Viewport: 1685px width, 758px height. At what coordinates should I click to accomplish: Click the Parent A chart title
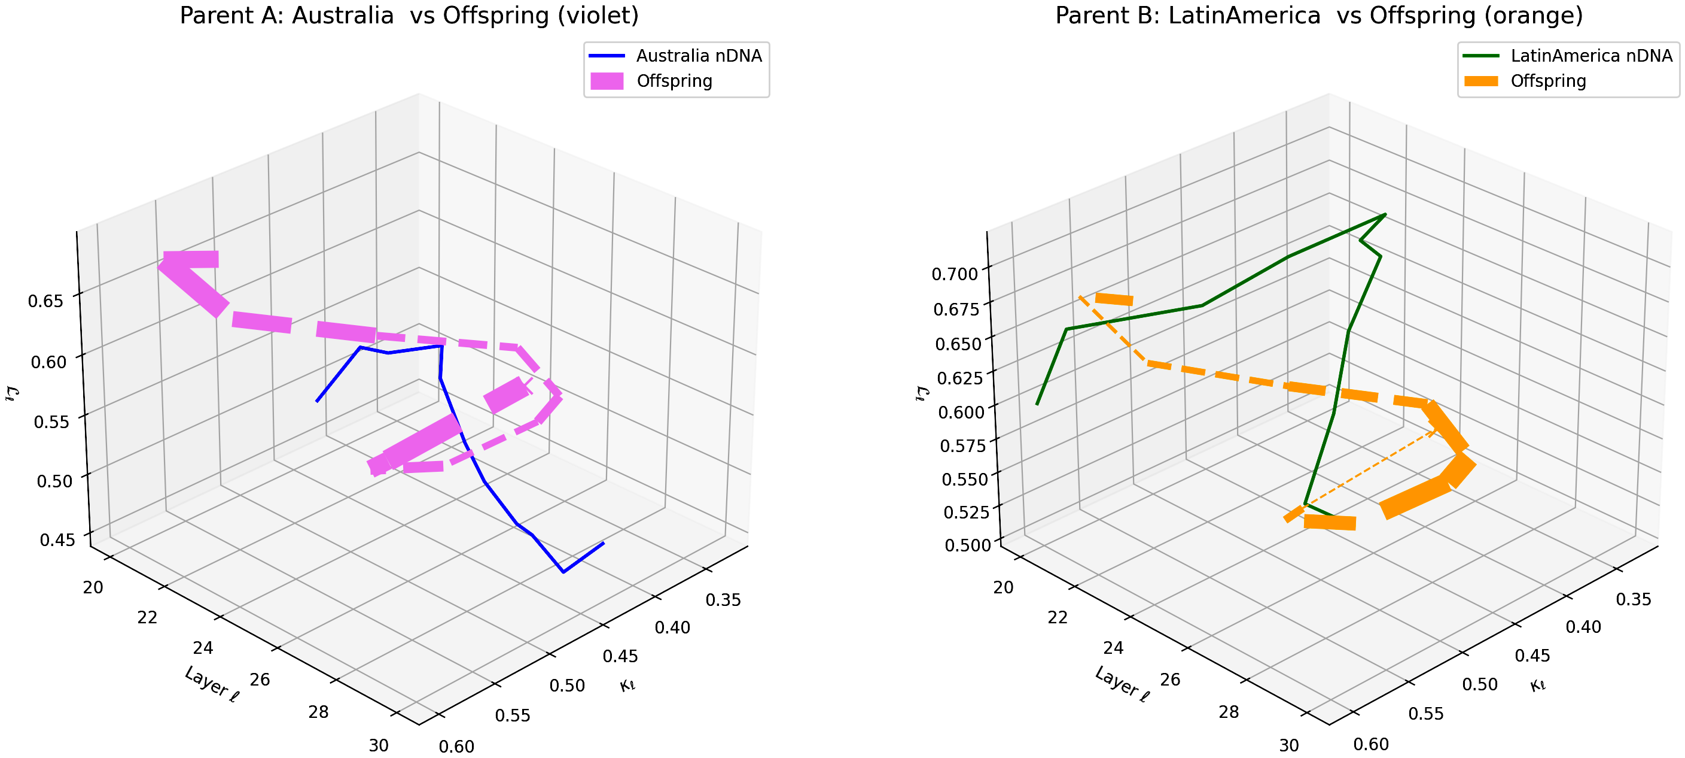point(409,16)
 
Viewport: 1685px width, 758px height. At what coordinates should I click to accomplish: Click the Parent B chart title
point(1319,16)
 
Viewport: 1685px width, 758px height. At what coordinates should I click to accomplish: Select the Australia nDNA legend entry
point(699,56)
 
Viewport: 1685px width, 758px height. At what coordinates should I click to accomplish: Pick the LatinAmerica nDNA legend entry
point(1591,56)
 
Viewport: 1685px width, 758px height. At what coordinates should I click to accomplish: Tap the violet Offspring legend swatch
point(607,81)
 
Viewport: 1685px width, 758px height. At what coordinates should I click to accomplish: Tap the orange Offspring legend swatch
point(1481,81)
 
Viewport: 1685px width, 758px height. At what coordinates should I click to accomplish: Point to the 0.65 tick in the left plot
point(46,301)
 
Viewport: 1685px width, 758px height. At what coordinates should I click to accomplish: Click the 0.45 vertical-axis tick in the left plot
point(57,540)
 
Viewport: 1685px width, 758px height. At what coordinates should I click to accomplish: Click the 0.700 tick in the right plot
point(954,274)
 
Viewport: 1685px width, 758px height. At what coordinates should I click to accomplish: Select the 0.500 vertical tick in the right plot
point(967,545)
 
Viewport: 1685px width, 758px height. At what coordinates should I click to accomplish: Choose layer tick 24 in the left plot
point(203,648)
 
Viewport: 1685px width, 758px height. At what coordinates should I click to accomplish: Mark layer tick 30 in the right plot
point(1288,745)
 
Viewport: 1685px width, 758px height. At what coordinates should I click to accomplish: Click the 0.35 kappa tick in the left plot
point(723,599)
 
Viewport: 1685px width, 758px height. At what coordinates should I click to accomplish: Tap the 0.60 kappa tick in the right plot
point(1371,744)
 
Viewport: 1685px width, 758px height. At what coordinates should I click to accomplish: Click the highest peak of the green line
point(1385,215)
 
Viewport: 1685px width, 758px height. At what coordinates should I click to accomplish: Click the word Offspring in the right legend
point(1547,81)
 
